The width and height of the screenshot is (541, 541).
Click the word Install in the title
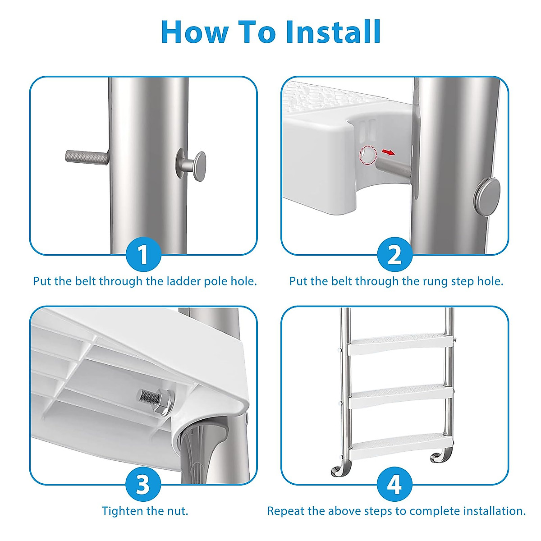[x=333, y=32]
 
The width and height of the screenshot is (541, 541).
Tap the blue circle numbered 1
[x=143, y=254]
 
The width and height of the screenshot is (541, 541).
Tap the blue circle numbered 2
[x=394, y=254]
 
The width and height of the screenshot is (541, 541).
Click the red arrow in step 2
[x=388, y=152]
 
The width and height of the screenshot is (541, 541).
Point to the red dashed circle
[x=368, y=155]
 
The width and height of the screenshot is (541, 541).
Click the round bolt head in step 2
[x=487, y=197]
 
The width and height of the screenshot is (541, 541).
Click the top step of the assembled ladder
[x=396, y=344]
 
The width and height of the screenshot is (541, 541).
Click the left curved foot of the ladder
[x=339, y=468]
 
